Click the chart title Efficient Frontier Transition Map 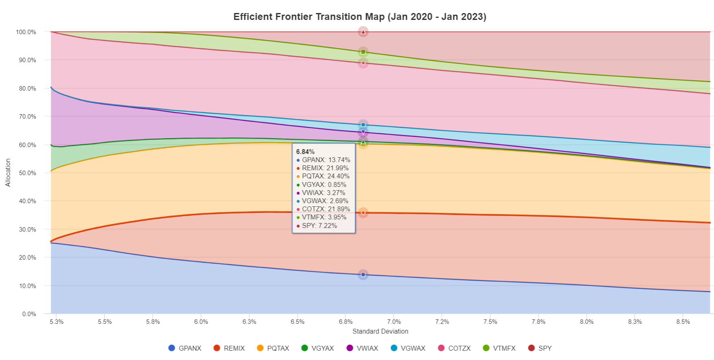(359, 17)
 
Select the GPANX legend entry (185, 348)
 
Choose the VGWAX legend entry (408, 348)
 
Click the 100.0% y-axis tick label (26, 32)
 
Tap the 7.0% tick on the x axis (394, 322)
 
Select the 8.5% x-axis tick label (683, 322)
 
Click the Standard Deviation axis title (380, 331)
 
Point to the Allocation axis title (8, 173)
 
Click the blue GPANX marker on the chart (363, 275)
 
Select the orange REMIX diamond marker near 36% (363, 213)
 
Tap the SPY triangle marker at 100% (363, 32)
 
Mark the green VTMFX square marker (363, 52)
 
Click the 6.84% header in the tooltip (305, 152)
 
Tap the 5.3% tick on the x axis (56, 322)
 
